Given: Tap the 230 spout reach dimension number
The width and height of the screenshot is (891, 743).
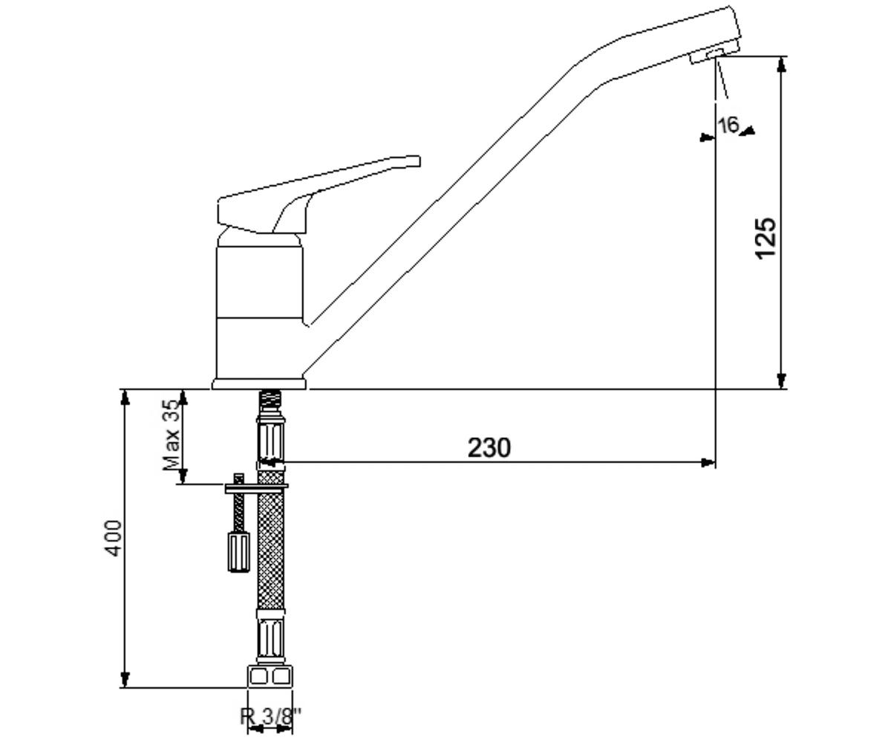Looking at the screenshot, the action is click(x=489, y=448).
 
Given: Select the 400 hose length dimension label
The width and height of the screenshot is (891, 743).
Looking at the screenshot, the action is click(x=113, y=538).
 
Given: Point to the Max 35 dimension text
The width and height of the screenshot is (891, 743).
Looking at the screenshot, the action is click(x=172, y=435).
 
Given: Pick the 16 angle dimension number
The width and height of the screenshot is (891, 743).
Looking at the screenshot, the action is click(x=728, y=125).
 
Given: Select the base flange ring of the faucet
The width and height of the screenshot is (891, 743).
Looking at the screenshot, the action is click(x=259, y=384).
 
